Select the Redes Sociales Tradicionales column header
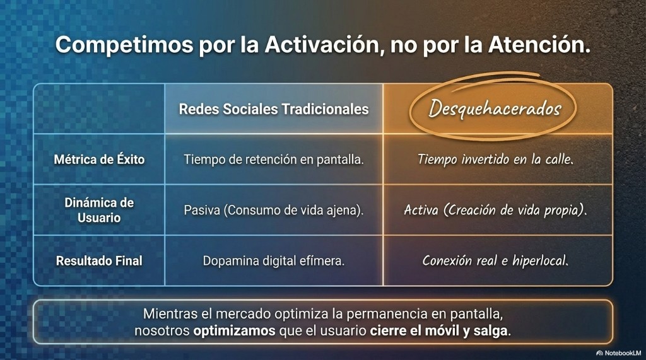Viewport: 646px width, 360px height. point(274,109)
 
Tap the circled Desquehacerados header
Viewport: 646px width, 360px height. point(495,108)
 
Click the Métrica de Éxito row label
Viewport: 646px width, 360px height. point(99,160)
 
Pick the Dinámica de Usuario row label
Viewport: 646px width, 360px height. point(99,210)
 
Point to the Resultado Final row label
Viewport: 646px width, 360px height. point(99,260)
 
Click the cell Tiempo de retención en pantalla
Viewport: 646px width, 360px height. point(274,160)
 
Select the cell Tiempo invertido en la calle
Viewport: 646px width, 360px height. point(495,160)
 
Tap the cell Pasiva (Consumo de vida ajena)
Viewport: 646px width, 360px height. point(274,210)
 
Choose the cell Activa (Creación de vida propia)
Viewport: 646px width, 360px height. point(495,210)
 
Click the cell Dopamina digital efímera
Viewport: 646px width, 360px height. point(274,260)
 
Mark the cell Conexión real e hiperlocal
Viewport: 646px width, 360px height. point(495,260)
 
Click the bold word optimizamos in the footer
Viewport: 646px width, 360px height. point(235,331)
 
